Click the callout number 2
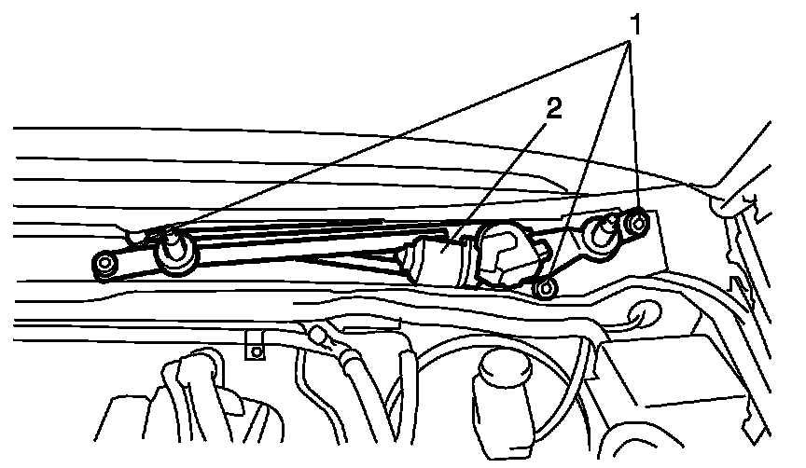[553, 109]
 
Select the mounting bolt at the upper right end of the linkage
[639, 222]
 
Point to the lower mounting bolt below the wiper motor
[547, 289]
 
